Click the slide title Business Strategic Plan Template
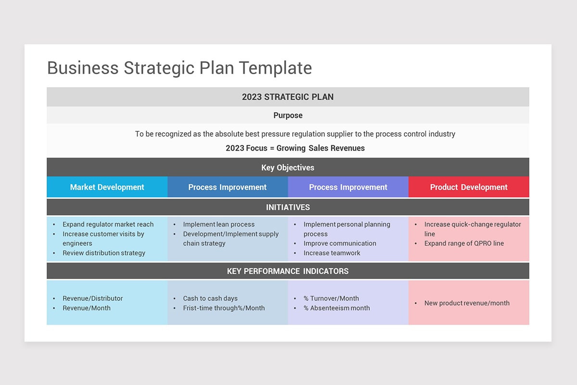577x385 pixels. click(179, 68)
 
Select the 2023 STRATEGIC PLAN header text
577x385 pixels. click(288, 97)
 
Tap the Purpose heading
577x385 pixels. click(288, 115)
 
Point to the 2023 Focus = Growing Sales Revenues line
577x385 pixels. click(295, 148)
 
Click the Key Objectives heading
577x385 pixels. click(288, 168)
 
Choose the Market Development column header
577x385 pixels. click(107, 187)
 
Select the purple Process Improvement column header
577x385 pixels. click(348, 187)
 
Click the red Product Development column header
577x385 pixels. click(468, 187)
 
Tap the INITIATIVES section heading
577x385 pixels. click(288, 207)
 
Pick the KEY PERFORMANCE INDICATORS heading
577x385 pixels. click(288, 271)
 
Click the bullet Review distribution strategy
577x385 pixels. click(103, 253)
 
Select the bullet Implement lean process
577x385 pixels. click(219, 224)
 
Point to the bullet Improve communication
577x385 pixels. click(339, 244)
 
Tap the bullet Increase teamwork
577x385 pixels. click(332, 253)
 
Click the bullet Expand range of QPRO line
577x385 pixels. click(464, 244)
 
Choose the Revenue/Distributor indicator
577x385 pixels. click(92, 298)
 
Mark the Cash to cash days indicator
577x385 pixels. click(210, 298)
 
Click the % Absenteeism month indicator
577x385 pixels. click(337, 308)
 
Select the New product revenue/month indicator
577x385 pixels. click(466, 303)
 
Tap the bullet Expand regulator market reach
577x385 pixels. click(108, 224)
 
